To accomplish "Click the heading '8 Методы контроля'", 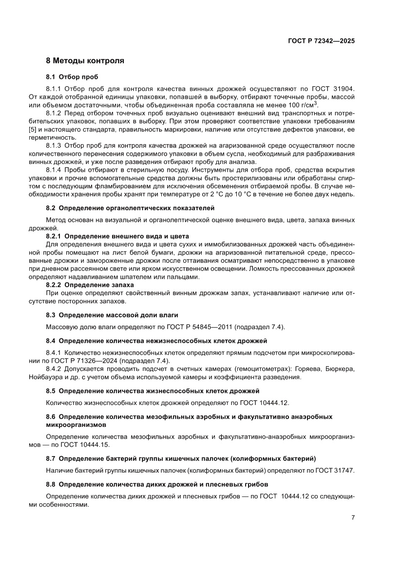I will (85, 61).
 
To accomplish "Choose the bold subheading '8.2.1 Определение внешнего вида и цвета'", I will (117, 236).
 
